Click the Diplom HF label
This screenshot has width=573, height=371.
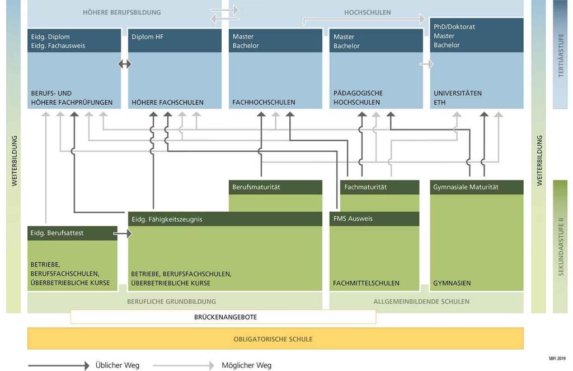coord(147,37)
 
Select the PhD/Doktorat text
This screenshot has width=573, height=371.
coord(454,26)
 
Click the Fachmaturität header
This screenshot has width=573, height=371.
coord(365,187)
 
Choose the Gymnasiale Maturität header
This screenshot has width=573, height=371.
coord(466,187)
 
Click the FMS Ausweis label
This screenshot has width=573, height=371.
coord(353,219)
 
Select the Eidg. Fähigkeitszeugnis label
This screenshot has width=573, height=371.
coord(167,220)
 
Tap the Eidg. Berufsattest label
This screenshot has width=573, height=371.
coord(57,233)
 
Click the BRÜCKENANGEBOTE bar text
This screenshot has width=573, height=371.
coord(226,317)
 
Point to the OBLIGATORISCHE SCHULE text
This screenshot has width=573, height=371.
coord(273,339)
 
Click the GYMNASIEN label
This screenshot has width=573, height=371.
coord(452,284)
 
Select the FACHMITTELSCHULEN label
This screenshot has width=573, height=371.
coord(366,284)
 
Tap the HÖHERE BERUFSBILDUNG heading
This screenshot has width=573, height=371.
coord(121,12)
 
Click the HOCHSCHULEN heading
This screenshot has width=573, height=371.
coord(368,12)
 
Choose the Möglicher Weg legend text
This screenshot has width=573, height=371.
coord(246,365)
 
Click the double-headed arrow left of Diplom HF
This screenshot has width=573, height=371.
coord(125,64)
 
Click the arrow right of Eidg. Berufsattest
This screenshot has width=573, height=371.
coord(123,233)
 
